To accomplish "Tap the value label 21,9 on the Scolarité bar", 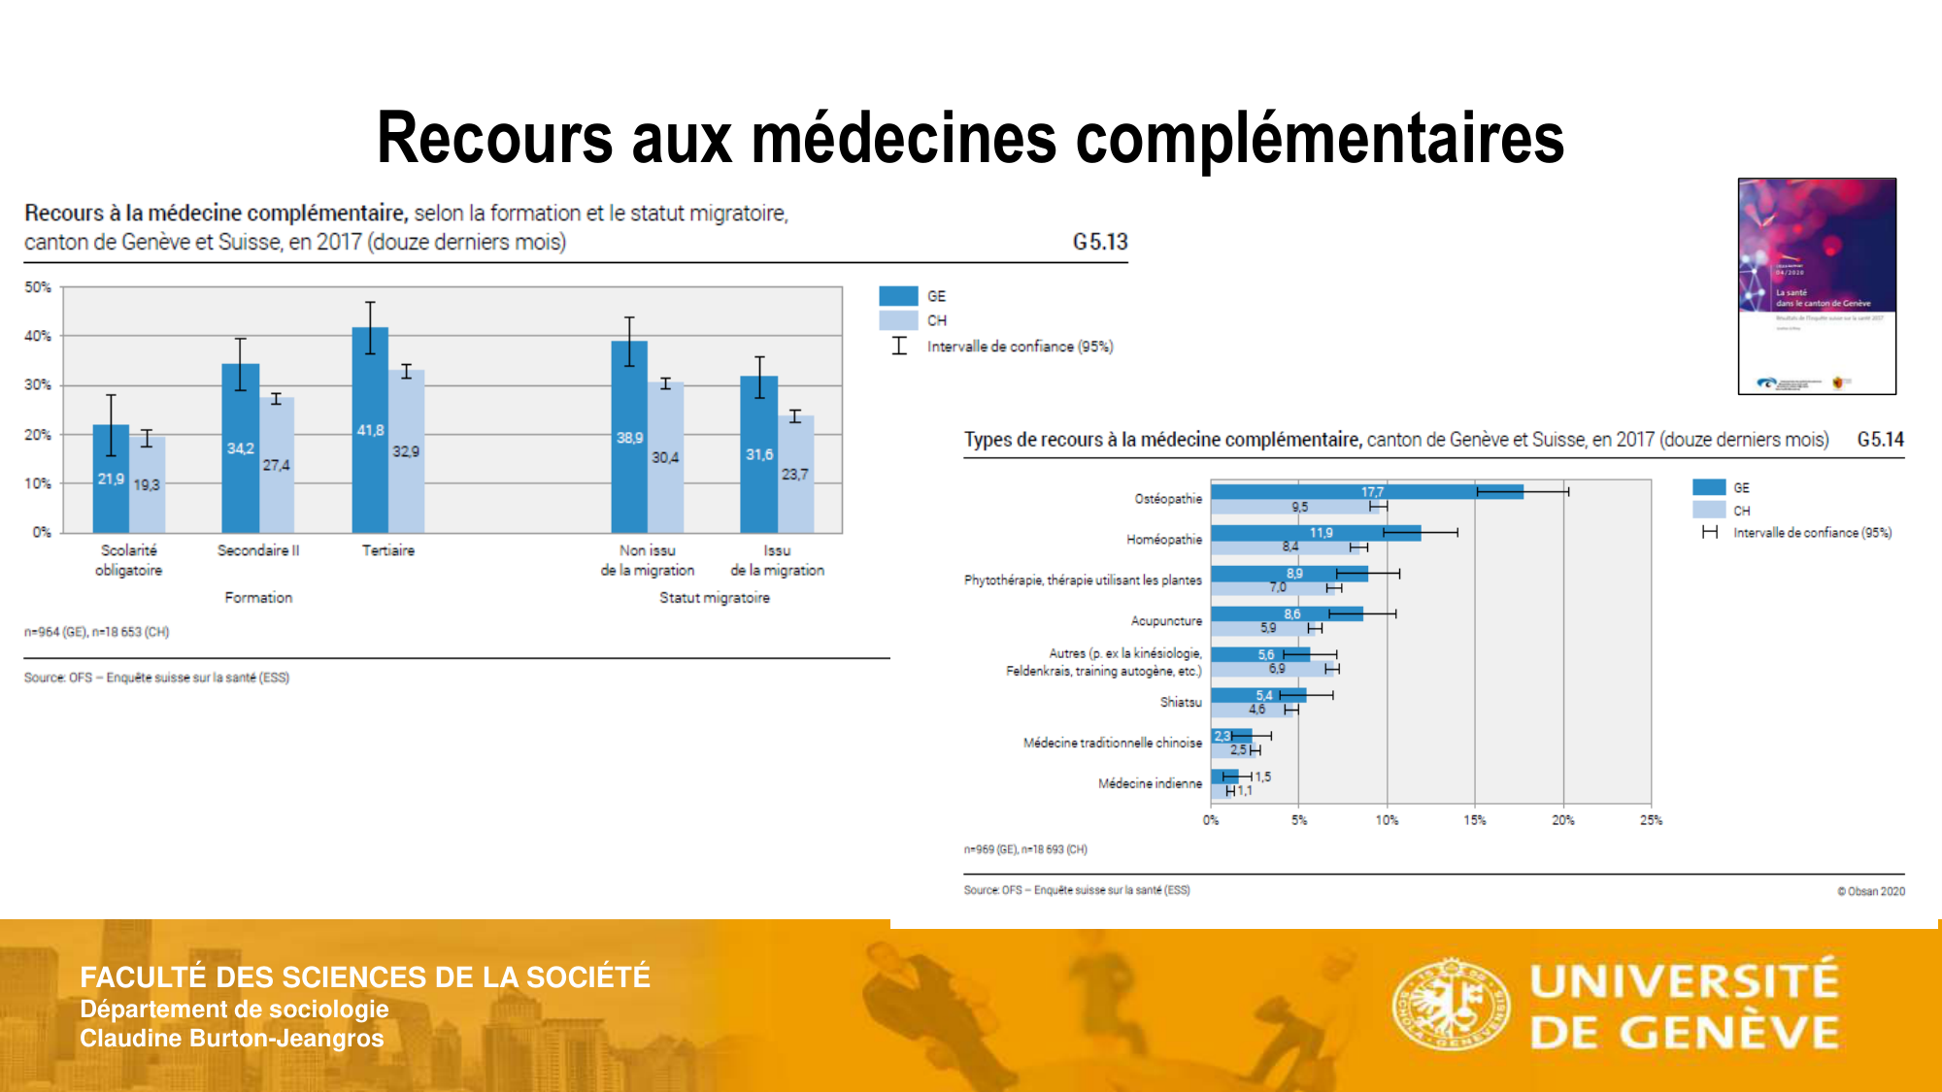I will click(x=111, y=480).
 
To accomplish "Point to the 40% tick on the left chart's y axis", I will click(x=38, y=336).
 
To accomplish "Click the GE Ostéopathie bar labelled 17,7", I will click(x=1366, y=492).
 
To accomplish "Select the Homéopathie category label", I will click(x=1163, y=540).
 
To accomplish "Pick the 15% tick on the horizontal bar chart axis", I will click(x=1474, y=820).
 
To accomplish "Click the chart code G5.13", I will click(x=1099, y=242).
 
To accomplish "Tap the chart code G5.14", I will click(x=1880, y=440).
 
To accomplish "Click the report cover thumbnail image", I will click(x=1817, y=286).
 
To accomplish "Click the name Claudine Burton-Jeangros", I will click(x=231, y=1039).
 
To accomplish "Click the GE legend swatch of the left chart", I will click(x=898, y=296).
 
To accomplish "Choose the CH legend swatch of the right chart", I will click(x=1709, y=510).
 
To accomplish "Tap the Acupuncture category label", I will click(x=1165, y=621).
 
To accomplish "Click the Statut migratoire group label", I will click(x=714, y=598).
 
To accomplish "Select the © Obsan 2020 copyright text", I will click(x=1870, y=891).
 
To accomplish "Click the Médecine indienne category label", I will click(x=1150, y=783).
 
